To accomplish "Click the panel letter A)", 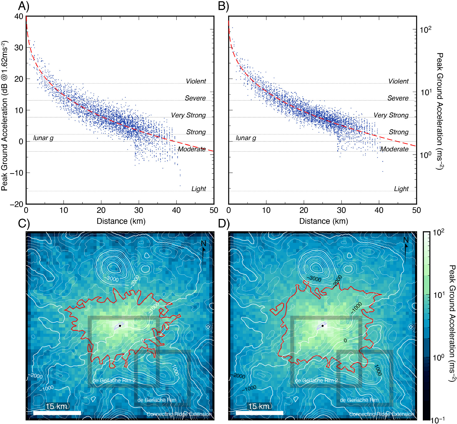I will tap(24, 6).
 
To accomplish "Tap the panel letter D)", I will tap(224, 224).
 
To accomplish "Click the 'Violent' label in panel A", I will tap(196, 81).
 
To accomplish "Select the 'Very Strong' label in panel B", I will tap(391, 115).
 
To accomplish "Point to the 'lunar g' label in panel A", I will tap(43, 138).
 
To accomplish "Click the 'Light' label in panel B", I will tap(401, 189).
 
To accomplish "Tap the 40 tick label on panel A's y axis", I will tap(19, 17).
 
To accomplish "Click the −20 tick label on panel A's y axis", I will tap(17, 204).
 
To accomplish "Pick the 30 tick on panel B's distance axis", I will tap(341, 210).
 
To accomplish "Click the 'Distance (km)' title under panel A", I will tap(121, 221).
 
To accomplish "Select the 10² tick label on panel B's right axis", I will tap(426, 30).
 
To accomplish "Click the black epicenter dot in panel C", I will tap(120, 326).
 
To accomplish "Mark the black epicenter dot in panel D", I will tap(322, 326).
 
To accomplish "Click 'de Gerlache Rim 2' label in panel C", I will tap(114, 381).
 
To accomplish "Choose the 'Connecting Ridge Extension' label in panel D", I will tap(382, 414).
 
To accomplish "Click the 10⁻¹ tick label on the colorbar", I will tap(437, 419).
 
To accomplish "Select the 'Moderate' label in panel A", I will tap(192, 149).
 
